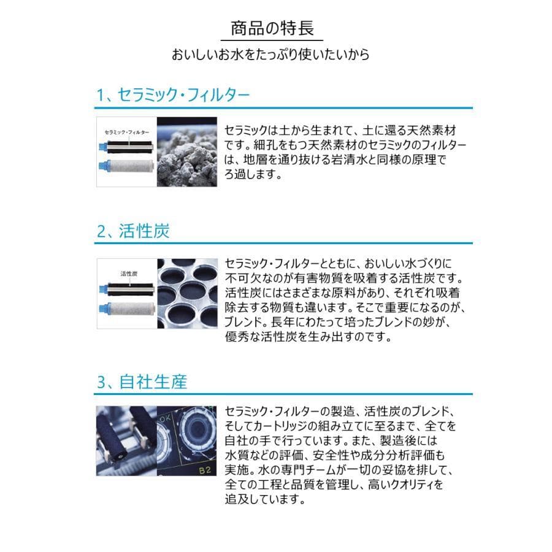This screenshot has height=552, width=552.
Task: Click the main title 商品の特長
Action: coord(275,28)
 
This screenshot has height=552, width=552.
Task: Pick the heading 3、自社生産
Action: coord(141,382)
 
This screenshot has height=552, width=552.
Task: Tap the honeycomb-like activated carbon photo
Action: coord(187,294)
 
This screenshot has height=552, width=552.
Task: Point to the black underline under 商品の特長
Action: coord(275,40)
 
